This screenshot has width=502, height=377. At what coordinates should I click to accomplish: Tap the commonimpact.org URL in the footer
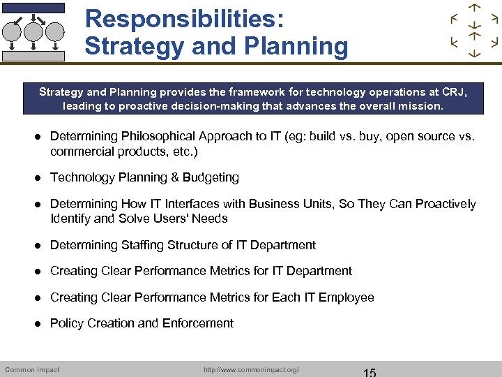tap(252, 369)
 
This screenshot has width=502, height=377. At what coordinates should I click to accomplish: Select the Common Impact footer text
tap(32, 369)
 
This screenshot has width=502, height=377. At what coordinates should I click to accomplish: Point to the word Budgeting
tap(211, 177)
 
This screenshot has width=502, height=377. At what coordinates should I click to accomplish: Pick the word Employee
tap(347, 297)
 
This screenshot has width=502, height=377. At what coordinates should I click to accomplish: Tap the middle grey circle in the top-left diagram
tap(33, 31)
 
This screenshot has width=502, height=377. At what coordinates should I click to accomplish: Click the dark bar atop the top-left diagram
tap(33, 8)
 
